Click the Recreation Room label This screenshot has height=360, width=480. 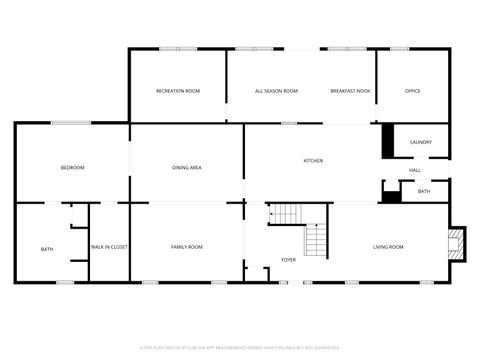pos(178,91)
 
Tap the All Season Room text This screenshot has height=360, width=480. pos(276,91)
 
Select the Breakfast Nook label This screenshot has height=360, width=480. pos(350,91)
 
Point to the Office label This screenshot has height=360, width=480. pos(412,91)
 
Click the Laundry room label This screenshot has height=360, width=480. pos(421,142)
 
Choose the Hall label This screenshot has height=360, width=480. pos(414,170)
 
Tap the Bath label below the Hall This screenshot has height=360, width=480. pos(424,191)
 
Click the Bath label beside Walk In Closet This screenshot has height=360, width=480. pos(47,249)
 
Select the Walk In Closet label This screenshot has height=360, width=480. pos(109,246)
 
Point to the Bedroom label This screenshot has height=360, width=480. pos(72,167)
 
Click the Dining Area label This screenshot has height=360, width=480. pos(187,167)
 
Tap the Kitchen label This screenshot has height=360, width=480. pos(313,161)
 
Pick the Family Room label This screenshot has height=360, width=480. pos(187,246)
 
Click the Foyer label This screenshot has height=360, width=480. pos(288,259)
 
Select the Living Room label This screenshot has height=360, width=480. pos(388,246)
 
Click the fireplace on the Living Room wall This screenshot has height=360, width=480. pos(457,242)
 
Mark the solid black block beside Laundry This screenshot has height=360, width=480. pos(389,141)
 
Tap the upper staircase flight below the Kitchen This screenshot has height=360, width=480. pos(287,213)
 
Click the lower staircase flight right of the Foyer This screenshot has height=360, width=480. pos(316,240)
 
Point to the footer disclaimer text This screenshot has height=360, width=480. pos(240,347)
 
